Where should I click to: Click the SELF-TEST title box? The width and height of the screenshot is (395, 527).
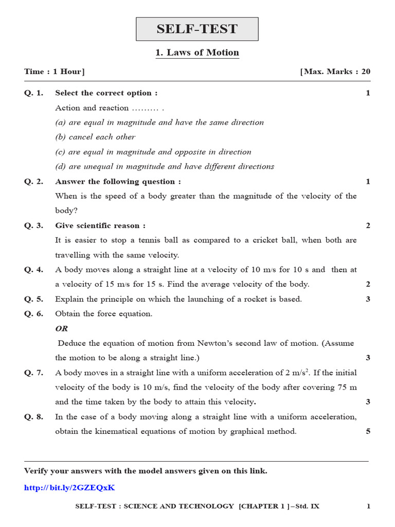click(x=197, y=29)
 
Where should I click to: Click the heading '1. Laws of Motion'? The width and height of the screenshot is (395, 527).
click(x=197, y=52)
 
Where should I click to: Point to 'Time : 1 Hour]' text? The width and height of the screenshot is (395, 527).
click(x=55, y=72)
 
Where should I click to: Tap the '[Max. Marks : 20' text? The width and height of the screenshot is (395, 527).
click(x=335, y=72)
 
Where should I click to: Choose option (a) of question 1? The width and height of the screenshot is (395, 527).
click(x=159, y=122)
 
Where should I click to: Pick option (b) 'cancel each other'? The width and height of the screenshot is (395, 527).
click(x=95, y=137)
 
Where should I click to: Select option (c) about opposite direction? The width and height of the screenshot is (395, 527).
click(x=153, y=152)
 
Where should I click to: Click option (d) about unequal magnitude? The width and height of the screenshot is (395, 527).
click(x=165, y=166)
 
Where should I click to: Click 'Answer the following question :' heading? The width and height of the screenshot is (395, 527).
click(x=118, y=182)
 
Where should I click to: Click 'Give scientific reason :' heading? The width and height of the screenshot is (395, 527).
click(x=100, y=225)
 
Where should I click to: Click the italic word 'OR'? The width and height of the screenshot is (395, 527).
click(x=61, y=328)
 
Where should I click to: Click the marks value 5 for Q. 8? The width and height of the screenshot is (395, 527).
click(x=368, y=431)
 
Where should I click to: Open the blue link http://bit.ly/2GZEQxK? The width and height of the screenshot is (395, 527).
click(x=69, y=487)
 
